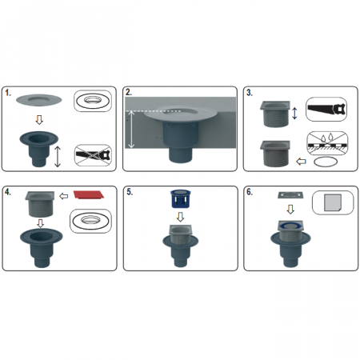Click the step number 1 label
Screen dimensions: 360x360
coord(8,93)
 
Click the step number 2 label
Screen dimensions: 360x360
coord(129,92)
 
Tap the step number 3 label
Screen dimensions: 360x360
coord(250,93)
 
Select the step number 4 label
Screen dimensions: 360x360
coord(8,192)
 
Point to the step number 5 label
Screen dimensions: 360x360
coord(130,192)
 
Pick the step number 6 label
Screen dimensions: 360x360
coord(250,192)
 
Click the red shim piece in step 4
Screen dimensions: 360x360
coord(89,194)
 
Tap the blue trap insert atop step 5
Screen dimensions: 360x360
coord(180,198)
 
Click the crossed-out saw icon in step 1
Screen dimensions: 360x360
coord(93,155)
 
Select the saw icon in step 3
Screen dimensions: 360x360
coord(326,109)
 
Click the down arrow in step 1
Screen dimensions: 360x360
coord(39,120)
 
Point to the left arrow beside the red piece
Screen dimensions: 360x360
coord(63,197)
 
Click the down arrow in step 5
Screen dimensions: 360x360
coord(180,217)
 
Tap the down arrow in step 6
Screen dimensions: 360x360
coord(290,210)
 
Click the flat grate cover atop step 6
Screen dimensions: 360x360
coord(290,195)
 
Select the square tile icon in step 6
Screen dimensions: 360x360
coord(333,202)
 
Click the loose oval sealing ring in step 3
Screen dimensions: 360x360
coord(326,162)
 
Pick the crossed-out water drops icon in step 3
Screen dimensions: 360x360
coord(327,143)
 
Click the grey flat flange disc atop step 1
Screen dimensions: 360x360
coord(39,100)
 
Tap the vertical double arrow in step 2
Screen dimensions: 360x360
coord(131,130)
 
